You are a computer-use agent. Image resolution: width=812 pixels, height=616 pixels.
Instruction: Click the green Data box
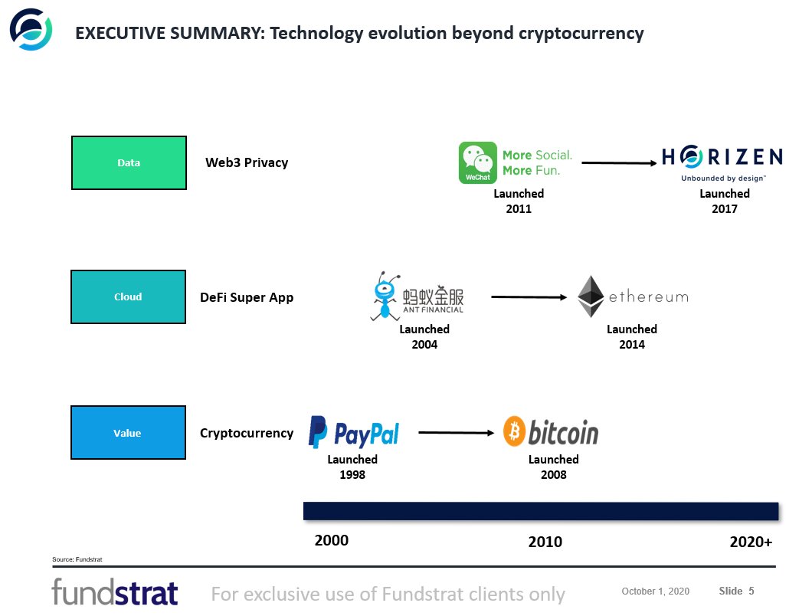point(129,162)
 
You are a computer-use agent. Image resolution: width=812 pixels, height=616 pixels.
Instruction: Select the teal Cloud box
point(128,297)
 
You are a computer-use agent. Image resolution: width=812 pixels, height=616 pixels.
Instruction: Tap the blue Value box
point(128,433)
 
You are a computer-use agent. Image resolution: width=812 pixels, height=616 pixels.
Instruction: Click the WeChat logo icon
point(477,162)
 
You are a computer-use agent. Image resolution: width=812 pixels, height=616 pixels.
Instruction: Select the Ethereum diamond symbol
point(591,297)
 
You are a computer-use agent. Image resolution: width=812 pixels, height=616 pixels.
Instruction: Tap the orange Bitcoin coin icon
point(514,432)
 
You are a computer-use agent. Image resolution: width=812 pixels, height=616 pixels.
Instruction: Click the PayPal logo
point(354,432)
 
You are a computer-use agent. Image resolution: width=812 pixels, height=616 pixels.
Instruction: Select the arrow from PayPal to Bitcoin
point(456,433)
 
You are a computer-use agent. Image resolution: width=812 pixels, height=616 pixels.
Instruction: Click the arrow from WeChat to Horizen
point(620,162)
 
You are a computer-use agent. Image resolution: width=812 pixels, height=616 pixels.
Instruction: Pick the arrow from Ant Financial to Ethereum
point(532,297)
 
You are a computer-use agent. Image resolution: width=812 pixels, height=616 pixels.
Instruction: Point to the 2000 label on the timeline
point(332,540)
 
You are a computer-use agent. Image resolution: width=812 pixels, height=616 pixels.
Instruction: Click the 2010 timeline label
point(545,542)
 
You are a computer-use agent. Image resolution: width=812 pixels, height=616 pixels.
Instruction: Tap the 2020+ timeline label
point(751,542)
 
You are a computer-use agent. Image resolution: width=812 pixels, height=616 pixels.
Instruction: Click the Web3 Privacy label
point(247,162)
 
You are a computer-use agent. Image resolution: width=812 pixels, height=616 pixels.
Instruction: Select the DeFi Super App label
point(247,297)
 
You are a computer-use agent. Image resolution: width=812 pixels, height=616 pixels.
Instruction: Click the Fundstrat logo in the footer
point(115,592)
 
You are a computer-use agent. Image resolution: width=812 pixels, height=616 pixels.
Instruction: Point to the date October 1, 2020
point(655,591)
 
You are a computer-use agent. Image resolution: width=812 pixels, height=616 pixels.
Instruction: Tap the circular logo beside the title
point(31,29)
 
